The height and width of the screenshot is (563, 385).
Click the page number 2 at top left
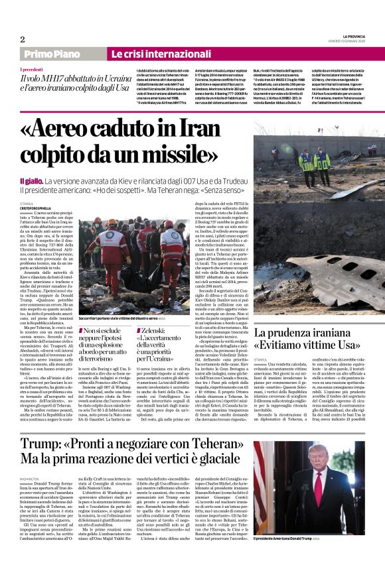[22, 39]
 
